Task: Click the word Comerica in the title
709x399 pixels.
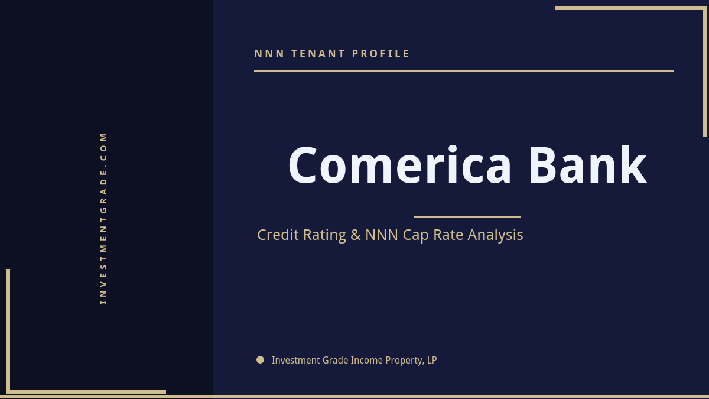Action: [400, 166]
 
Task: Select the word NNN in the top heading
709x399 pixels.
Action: [269, 54]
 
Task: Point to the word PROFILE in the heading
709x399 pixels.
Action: [381, 54]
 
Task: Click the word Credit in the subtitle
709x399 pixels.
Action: [279, 235]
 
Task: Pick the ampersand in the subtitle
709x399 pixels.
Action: [355, 235]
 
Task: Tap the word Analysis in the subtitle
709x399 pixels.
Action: [495, 235]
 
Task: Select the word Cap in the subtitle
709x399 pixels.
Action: [416, 235]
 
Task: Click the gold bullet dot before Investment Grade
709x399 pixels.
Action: [261, 359]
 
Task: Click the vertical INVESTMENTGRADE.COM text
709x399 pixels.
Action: [104, 218]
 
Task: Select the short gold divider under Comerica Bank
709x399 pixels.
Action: [467, 216]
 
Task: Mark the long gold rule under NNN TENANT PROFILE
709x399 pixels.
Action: [464, 70]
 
